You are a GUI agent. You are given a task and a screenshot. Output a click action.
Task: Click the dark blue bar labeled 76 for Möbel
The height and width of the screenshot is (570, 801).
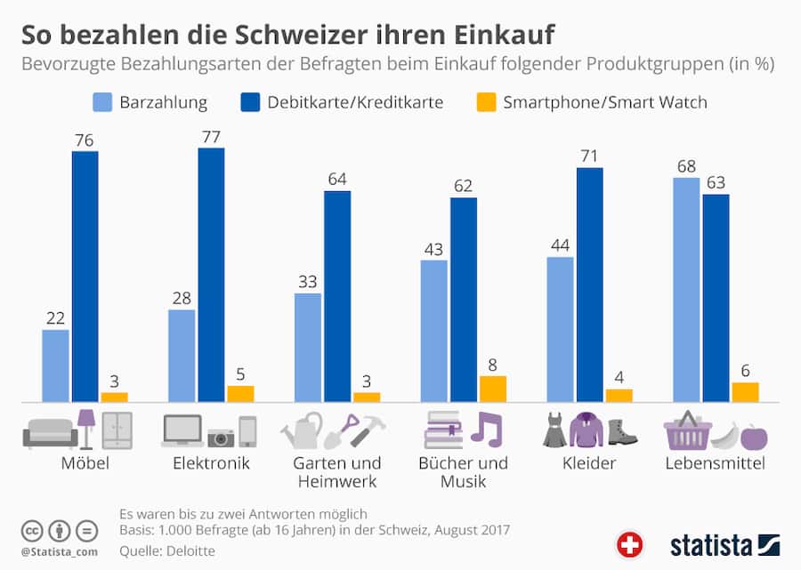[x=85, y=277]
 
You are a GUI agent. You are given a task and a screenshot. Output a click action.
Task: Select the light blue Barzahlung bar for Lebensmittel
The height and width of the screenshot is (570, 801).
[x=685, y=289]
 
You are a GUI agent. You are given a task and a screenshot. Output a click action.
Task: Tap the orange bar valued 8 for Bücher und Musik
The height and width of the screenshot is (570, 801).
[x=492, y=389]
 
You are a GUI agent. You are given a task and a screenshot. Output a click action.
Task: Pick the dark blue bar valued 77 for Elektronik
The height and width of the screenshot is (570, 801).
[x=211, y=275]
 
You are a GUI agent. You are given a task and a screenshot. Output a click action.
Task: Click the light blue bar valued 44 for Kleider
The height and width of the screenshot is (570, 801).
[x=560, y=329]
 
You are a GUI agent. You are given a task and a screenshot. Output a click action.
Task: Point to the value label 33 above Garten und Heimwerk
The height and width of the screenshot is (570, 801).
[x=307, y=281]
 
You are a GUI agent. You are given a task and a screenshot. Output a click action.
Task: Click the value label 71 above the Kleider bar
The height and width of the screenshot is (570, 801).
[x=589, y=155]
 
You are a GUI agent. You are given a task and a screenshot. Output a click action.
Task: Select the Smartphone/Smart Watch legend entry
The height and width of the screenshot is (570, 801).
[x=592, y=102]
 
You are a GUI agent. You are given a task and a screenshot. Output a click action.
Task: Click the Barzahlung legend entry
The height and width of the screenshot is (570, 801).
[x=150, y=102]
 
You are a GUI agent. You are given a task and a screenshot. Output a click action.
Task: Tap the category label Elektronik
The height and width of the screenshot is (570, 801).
[x=211, y=463]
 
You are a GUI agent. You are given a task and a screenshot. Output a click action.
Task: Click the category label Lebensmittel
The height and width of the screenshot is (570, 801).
[x=715, y=463]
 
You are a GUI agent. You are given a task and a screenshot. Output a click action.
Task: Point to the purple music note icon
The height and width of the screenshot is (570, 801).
[x=487, y=429]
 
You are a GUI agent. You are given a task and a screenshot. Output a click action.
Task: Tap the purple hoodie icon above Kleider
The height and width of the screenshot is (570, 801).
[x=587, y=430]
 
